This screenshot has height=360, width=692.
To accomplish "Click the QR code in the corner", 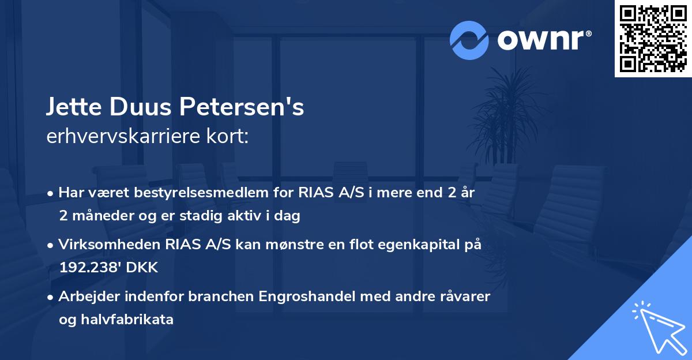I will tap(653, 39).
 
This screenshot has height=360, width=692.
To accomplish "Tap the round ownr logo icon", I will tap(469, 40).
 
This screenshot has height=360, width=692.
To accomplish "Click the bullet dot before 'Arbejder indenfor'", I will tap(51, 298).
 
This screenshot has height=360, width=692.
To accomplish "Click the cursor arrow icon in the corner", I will tap(655, 325).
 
